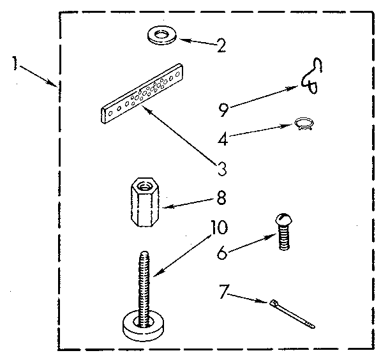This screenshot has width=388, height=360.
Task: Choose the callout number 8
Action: pos(221,198)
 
